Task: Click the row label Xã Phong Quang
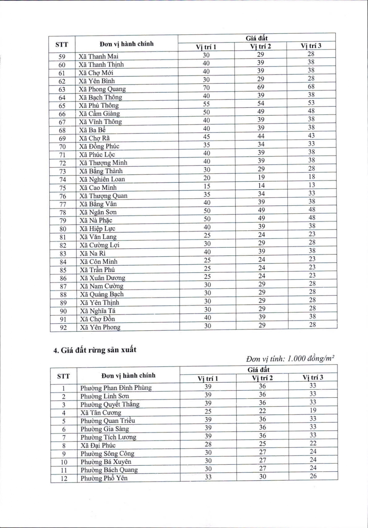click(102, 89)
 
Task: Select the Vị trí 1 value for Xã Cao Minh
click(207, 186)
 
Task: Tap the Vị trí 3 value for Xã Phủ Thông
click(311, 103)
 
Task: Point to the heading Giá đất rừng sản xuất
click(95, 350)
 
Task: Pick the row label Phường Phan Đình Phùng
click(116, 388)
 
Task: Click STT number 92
click(63, 328)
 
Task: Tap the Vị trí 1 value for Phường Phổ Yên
click(208, 477)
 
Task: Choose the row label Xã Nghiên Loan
click(102, 179)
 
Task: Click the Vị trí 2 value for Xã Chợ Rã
click(261, 136)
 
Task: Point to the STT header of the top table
click(62, 45)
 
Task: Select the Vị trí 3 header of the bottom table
click(313, 377)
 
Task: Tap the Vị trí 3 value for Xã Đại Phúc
click(313, 443)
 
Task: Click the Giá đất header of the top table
click(257, 38)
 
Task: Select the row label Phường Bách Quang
click(109, 470)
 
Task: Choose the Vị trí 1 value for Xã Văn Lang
click(207, 236)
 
